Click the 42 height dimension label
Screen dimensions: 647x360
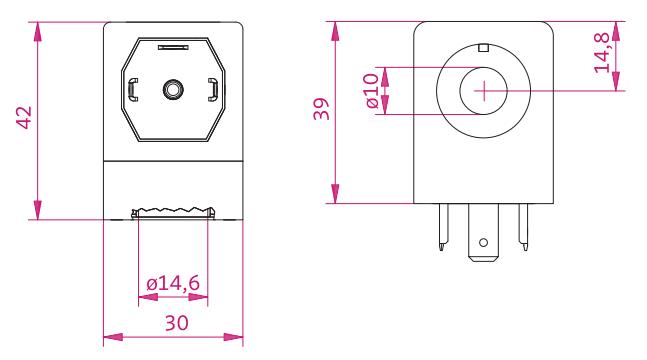tap(24, 118)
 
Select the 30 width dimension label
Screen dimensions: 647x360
tap(177, 323)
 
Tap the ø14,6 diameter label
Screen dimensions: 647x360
tap(173, 283)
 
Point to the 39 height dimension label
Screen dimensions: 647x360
tap(321, 109)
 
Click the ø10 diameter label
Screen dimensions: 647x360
tap(372, 90)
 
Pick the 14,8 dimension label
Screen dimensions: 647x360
tap(602, 52)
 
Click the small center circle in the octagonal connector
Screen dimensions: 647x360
tap(173, 89)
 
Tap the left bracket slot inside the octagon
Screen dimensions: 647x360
tap(133, 90)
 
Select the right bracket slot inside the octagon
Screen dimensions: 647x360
tap(213, 90)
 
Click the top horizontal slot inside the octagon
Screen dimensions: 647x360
tap(173, 47)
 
